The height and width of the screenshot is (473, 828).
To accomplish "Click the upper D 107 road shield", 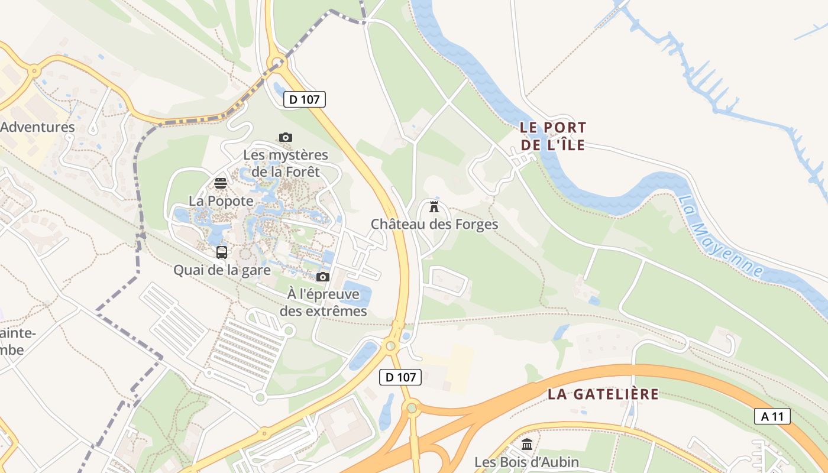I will pyautogui.click(x=305, y=99).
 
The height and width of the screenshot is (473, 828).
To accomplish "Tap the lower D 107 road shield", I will pyautogui.click(x=400, y=377).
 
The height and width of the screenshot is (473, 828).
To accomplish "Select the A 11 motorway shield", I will pyautogui.click(x=772, y=416).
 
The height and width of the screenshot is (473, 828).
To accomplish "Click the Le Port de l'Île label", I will pyautogui.click(x=553, y=136).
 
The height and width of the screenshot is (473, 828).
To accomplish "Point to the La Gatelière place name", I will pyautogui.click(x=603, y=394).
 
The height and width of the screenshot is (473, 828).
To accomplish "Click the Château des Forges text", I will pyautogui.click(x=434, y=225).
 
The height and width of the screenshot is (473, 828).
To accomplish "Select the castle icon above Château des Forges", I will pyautogui.click(x=434, y=207).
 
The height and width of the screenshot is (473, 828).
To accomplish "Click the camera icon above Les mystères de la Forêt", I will pyautogui.click(x=286, y=137).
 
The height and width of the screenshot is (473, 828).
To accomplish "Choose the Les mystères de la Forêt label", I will pyautogui.click(x=286, y=163).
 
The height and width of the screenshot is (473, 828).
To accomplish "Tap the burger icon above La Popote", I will pyautogui.click(x=221, y=183).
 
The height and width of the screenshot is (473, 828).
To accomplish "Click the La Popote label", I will pyautogui.click(x=221, y=201).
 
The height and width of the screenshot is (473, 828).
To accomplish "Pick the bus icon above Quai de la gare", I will pyautogui.click(x=222, y=252).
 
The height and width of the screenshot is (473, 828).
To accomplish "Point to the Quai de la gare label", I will pyautogui.click(x=222, y=270).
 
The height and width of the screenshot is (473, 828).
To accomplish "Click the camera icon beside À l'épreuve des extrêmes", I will pyautogui.click(x=322, y=277).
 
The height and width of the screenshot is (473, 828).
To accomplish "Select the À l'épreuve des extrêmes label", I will pyautogui.click(x=323, y=302).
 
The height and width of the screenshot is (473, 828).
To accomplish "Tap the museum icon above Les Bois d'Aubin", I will pyautogui.click(x=527, y=444).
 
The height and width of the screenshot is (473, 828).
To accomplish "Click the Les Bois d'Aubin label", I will pyautogui.click(x=527, y=462).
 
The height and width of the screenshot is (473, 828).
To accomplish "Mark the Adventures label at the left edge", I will pyautogui.click(x=37, y=127).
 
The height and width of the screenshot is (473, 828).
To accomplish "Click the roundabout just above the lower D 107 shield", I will pyautogui.click(x=390, y=346).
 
